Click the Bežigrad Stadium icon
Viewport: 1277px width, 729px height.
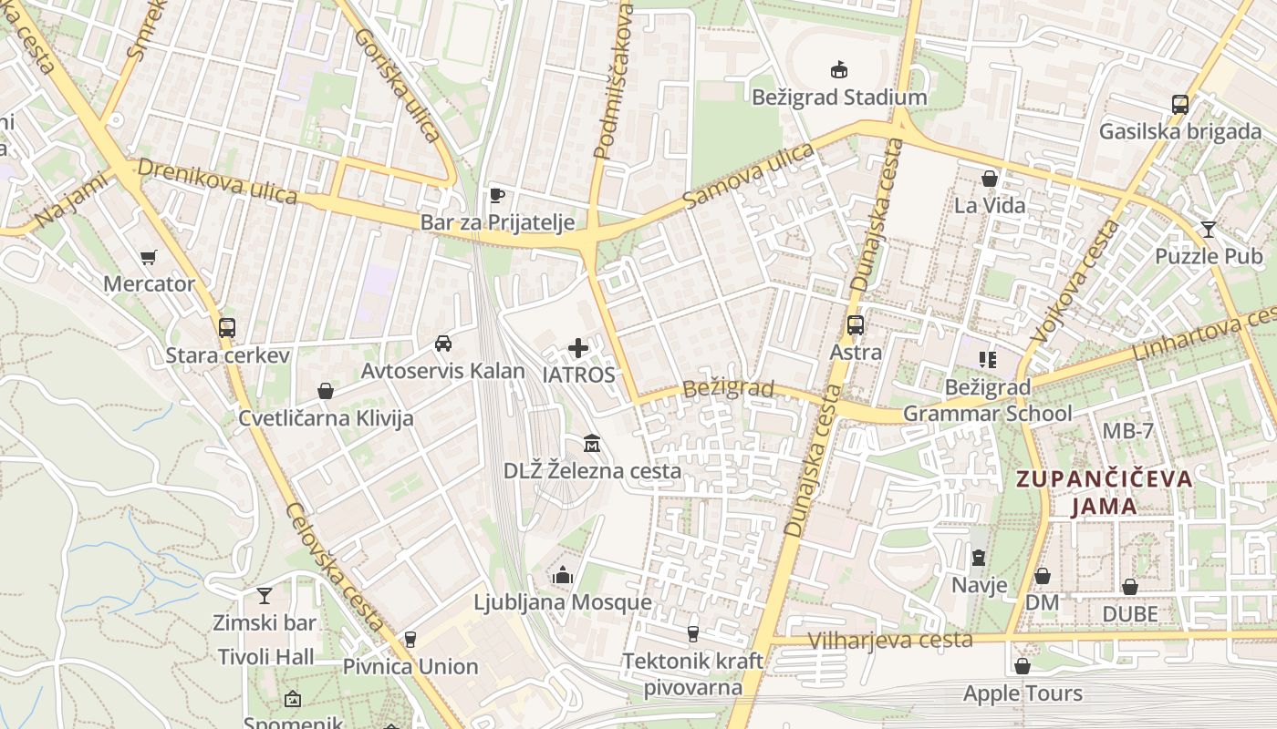[x=838, y=69]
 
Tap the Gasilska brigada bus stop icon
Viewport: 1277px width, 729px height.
[x=1179, y=104]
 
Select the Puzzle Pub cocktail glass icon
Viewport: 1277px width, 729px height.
[x=1209, y=229]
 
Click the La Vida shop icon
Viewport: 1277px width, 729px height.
[x=989, y=179]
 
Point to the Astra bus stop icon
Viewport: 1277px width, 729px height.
[x=855, y=325]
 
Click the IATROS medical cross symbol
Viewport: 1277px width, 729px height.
[x=578, y=348]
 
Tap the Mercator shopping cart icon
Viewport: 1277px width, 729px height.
[x=148, y=257]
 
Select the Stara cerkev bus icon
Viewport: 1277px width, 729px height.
[x=226, y=328]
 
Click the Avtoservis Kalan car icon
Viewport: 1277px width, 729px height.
[x=442, y=344]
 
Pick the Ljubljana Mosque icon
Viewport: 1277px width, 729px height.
[x=562, y=575]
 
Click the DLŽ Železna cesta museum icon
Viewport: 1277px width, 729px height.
[x=592, y=444]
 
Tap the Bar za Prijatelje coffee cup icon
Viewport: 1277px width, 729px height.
[x=496, y=195]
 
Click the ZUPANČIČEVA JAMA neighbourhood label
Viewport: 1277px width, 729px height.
[x=1104, y=492]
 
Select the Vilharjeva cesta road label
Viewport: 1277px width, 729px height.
[x=890, y=640]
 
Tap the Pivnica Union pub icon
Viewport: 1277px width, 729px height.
[x=410, y=639]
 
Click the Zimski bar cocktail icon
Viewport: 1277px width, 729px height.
[x=264, y=596]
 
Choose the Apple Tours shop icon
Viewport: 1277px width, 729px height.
[x=1022, y=666]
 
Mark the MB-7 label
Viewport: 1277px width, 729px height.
[x=1127, y=431]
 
